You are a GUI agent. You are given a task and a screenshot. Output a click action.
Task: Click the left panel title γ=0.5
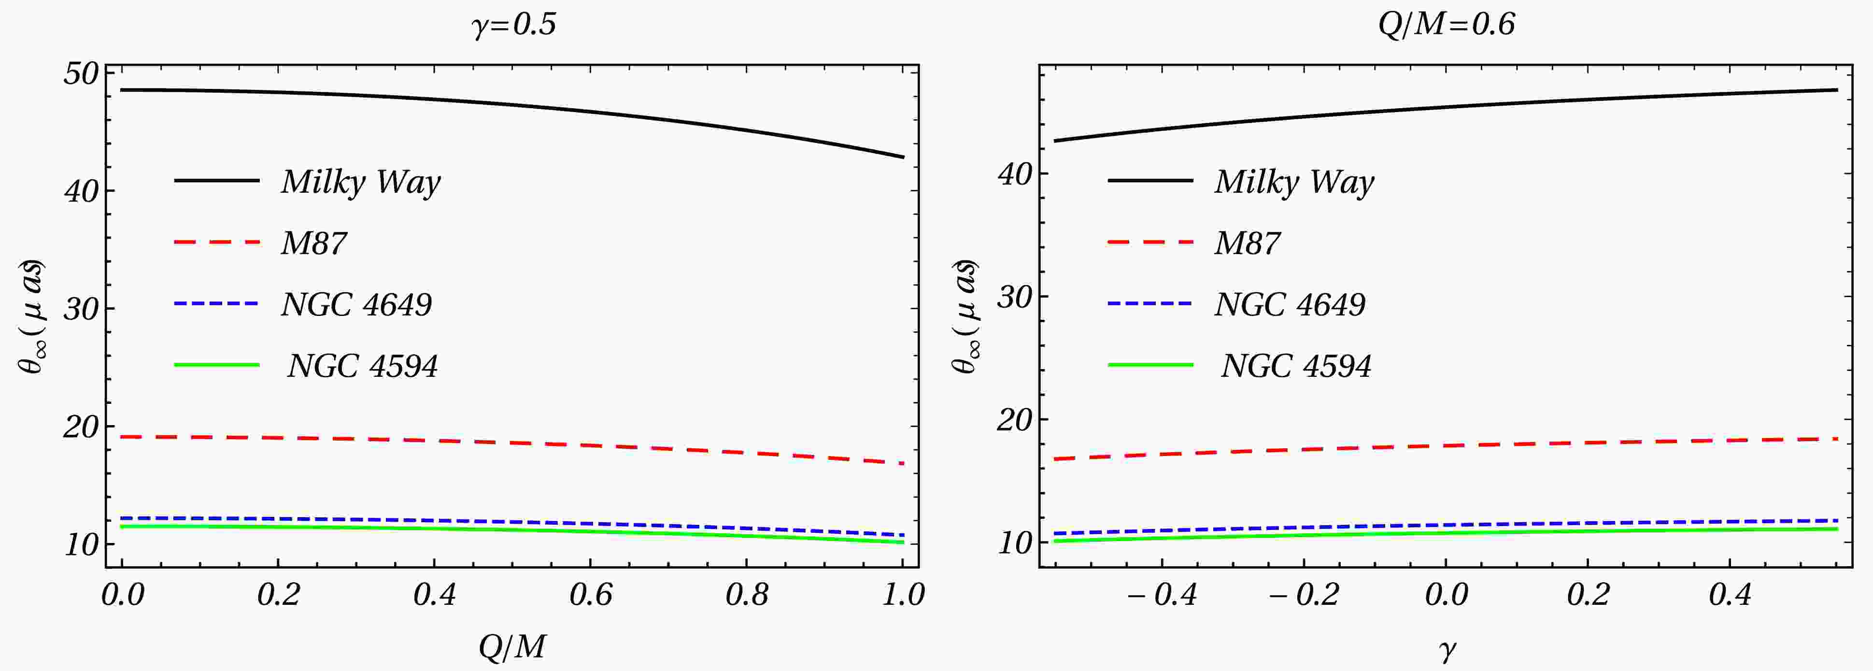(x=513, y=25)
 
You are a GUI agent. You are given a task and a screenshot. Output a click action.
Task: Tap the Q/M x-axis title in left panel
(x=512, y=645)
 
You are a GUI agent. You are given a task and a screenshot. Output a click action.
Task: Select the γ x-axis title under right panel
(x=1447, y=649)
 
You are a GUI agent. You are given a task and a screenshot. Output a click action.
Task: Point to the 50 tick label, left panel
(x=80, y=74)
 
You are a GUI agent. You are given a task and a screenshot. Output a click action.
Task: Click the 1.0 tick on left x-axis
(x=902, y=595)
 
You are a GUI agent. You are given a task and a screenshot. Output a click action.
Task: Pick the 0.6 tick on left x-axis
(x=590, y=595)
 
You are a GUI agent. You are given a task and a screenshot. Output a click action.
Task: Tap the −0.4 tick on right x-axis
(x=1161, y=595)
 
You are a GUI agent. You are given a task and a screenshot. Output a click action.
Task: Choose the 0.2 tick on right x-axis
(x=1587, y=595)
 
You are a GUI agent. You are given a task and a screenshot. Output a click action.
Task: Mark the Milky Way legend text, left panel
(x=361, y=182)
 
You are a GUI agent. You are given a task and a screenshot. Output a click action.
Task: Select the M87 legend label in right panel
(x=1247, y=243)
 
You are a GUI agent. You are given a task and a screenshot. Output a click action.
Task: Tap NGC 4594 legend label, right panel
(x=1296, y=366)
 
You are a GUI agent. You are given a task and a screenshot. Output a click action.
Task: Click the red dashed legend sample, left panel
(x=217, y=242)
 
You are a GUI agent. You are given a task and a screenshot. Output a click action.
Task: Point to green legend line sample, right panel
(x=1150, y=364)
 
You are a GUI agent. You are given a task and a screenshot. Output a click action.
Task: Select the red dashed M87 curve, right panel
(x=1447, y=445)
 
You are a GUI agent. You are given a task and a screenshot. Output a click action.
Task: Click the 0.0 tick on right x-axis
(x=1446, y=595)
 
